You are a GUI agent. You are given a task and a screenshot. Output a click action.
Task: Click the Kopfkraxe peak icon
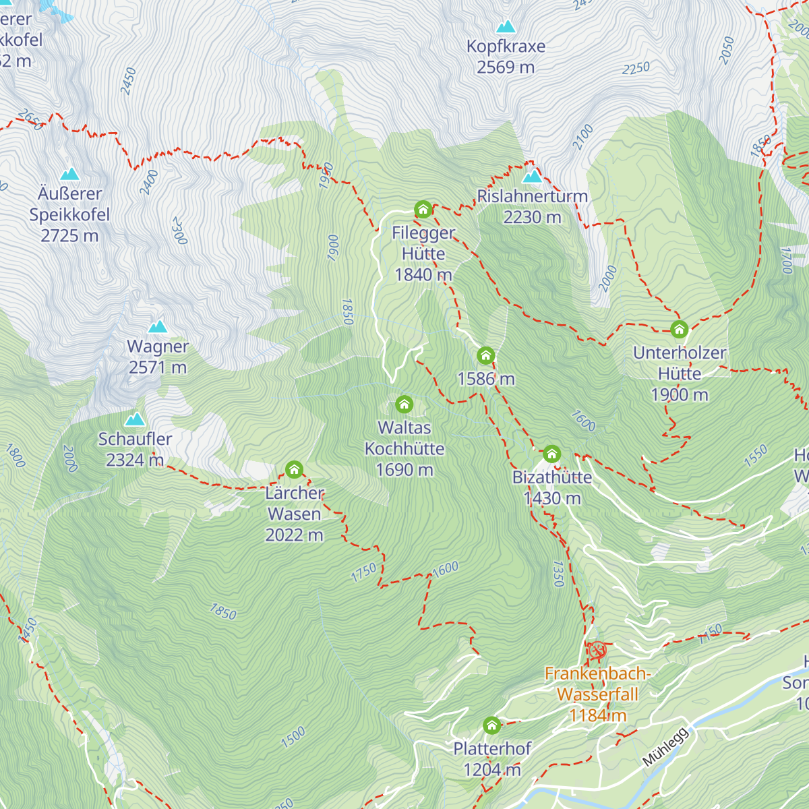coord(506,27)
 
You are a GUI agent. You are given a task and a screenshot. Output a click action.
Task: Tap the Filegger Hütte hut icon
coord(423,210)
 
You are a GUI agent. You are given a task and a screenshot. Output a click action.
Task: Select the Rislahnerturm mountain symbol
coord(533,177)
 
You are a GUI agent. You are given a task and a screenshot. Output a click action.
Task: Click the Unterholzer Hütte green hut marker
coord(679,330)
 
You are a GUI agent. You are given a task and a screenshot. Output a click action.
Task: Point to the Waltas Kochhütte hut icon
coord(404,404)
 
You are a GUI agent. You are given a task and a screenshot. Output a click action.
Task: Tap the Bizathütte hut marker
coord(551,454)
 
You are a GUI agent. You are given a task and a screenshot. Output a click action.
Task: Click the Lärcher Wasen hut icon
coord(294,470)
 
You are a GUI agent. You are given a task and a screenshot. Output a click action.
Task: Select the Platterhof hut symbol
coord(492,725)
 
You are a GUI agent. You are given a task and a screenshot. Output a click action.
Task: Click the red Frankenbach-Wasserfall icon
coord(597,651)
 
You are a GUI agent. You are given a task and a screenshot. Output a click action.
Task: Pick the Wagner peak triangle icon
coord(158,327)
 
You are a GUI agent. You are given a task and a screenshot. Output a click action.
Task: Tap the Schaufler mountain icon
coord(136,419)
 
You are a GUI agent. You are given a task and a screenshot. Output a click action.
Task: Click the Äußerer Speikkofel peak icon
coord(69,175)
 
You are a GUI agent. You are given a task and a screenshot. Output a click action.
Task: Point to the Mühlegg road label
coord(665,747)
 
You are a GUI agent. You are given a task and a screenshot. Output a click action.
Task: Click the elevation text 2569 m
coord(506,67)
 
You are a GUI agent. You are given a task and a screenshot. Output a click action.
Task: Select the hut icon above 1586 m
coord(485,356)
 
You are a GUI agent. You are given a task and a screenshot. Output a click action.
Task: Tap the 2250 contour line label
coord(636,69)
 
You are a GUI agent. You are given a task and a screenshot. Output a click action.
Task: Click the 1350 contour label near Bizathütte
coord(558,574)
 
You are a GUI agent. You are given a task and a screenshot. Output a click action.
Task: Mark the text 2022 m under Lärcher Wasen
coord(294,535)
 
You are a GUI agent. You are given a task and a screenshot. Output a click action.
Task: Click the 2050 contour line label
coord(727,51)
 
